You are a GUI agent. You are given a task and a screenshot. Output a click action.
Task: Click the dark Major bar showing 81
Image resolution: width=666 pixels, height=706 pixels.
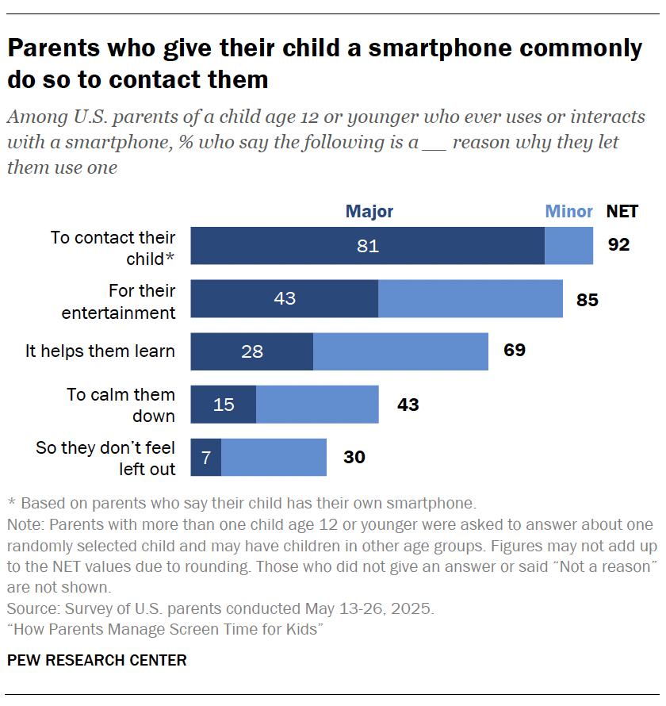367,246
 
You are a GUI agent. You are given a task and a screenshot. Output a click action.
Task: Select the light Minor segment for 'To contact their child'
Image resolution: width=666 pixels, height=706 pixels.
568,246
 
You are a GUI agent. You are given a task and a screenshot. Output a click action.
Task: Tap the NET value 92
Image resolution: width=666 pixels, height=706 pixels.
618,245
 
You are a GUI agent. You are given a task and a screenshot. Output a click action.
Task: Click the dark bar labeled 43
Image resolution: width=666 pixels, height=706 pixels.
284,299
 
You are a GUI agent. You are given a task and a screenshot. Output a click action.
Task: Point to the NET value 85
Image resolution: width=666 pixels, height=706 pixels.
588,300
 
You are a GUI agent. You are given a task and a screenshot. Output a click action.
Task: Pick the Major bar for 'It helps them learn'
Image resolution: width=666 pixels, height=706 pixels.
252,351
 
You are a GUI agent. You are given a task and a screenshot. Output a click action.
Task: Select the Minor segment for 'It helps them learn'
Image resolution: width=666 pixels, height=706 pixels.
400,351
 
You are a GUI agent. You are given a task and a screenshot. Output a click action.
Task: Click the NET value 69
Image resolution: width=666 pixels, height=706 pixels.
515,350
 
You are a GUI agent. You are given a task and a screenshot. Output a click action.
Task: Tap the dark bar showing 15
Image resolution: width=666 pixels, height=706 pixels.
224,405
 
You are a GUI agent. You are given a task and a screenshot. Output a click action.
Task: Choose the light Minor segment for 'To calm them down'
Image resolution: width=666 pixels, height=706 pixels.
317,405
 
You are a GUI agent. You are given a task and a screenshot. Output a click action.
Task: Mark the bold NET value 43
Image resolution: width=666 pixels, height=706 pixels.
408,405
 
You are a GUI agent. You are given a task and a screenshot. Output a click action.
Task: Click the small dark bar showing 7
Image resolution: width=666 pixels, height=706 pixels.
206,458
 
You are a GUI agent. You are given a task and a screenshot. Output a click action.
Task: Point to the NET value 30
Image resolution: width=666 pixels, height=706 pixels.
354,458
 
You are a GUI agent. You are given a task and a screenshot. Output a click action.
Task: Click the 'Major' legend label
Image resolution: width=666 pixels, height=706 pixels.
369,212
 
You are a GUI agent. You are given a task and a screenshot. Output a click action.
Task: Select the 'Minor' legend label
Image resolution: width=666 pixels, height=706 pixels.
568,212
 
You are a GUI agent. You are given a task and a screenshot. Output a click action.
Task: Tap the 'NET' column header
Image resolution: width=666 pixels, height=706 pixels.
622,212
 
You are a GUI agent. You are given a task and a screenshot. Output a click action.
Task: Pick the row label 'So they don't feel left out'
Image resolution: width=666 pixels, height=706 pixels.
105,459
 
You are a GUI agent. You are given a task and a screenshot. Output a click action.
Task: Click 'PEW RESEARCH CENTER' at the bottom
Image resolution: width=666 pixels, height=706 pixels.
97,660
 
